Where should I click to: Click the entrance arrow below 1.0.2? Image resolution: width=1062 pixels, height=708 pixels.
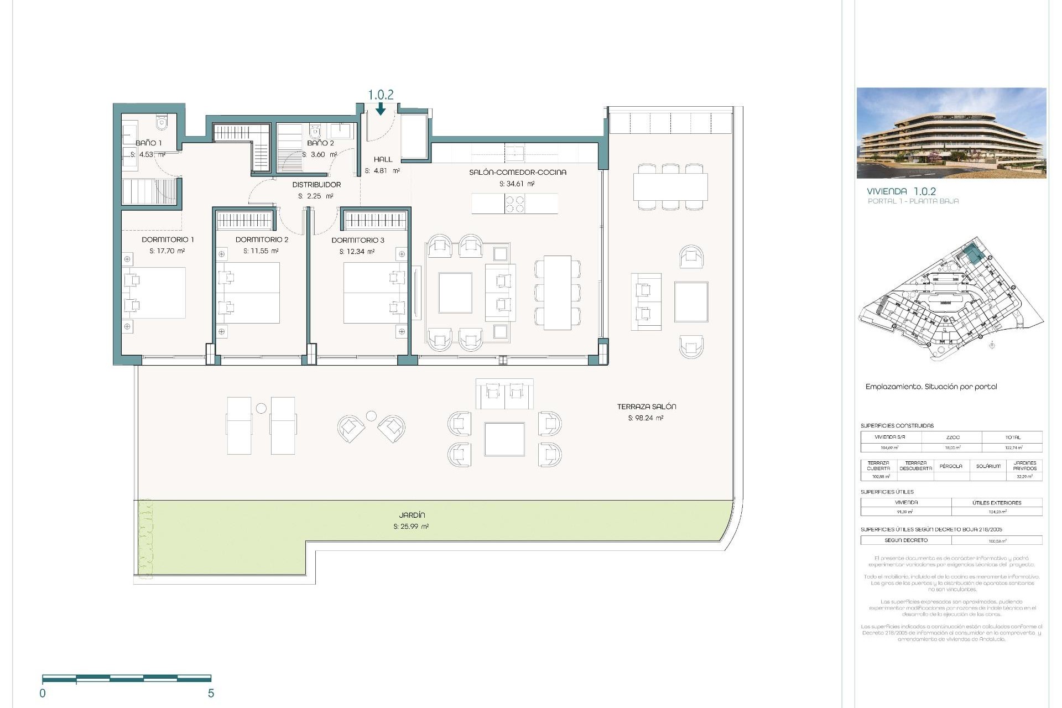coord(381,110)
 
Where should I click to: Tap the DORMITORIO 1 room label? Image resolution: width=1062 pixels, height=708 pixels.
coord(168,240)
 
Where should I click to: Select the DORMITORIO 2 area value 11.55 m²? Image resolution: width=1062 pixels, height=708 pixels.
coord(261,251)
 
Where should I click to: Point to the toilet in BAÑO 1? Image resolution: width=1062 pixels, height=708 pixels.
coord(162,123)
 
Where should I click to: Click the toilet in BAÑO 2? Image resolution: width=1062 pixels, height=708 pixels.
coord(315,132)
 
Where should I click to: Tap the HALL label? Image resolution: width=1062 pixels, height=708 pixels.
coord(383,159)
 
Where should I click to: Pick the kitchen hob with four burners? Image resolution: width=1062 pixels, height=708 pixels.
coord(515,204)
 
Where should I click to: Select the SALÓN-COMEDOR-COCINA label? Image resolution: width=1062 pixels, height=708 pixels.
coord(518,172)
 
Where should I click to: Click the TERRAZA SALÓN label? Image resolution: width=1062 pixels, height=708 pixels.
coord(647,407)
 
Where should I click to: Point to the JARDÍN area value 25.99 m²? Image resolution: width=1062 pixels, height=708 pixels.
coord(411,527)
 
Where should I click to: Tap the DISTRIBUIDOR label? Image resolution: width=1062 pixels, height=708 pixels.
coord(316,185)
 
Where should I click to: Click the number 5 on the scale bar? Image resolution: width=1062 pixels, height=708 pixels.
coord(211,693)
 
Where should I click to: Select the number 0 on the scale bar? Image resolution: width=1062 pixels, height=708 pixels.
coord(43,693)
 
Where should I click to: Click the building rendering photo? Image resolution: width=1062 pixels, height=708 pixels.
coord(951,133)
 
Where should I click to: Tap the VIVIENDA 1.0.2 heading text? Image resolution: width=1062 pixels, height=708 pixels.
coord(901,191)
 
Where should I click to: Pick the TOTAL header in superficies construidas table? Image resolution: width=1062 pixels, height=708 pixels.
coord(1013,437)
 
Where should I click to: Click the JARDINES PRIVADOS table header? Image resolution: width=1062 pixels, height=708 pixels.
coord(1024,466)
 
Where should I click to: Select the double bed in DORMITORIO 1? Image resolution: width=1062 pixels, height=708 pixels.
coord(155,293)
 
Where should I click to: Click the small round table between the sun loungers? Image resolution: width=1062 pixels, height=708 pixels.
coord(261,408)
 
